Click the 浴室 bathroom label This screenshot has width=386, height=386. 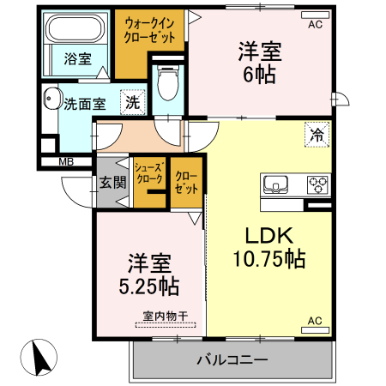(x=77, y=59)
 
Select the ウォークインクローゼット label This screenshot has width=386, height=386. (x=150, y=31)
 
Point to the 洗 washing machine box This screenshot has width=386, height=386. (x=133, y=100)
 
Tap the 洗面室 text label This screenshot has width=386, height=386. (x=85, y=105)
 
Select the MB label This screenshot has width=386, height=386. (x=65, y=161)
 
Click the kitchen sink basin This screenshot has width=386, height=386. (x=277, y=183)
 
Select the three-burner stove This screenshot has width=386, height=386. (x=317, y=183)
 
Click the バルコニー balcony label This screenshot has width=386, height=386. (x=232, y=360)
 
